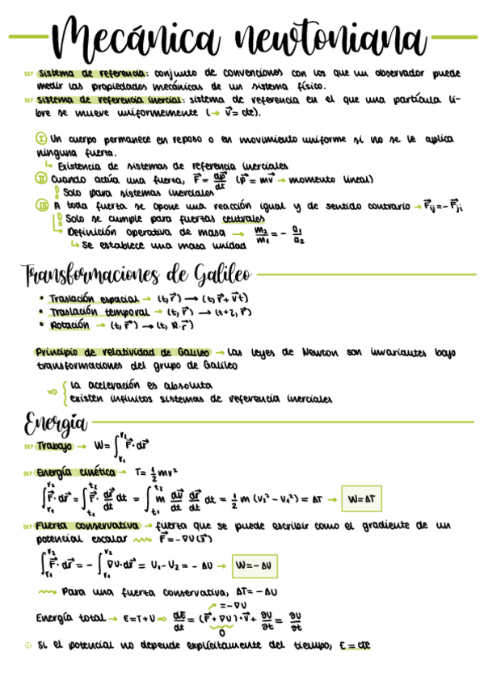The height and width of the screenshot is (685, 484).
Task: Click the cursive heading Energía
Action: pyautogui.click(x=55, y=422)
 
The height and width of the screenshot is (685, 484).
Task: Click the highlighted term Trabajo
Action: pyautogui.click(x=55, y=446)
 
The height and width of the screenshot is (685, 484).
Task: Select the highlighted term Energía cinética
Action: pyautogui.click(x=70, y=473)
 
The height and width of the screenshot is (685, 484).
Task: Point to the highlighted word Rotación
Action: pyautogui.click(x=69, y=325)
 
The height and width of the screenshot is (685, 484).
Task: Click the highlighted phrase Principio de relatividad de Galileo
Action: pyautogui.click(x=122, y=353)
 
